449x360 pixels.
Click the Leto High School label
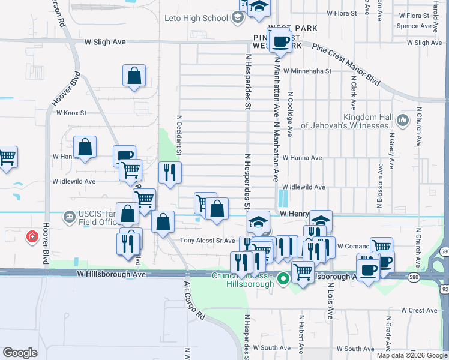[196, 18]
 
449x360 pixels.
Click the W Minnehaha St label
[308, 71]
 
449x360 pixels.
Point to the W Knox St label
[71, 112]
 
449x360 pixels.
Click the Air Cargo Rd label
[194, 300]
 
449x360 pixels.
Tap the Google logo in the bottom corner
[20, 352]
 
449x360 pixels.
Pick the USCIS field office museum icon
[70, 216]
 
